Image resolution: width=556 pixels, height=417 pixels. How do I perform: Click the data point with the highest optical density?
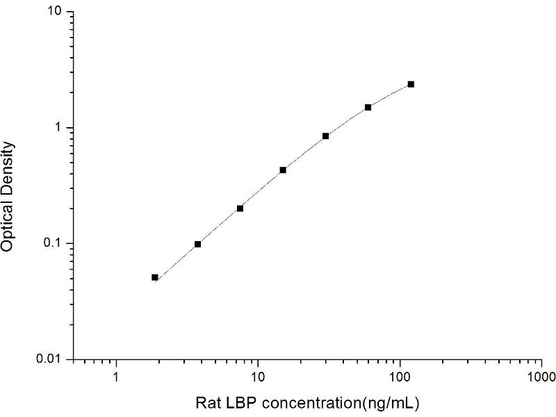411,84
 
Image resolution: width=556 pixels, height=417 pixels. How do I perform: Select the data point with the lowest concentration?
155,277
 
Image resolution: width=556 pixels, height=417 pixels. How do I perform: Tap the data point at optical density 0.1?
197,244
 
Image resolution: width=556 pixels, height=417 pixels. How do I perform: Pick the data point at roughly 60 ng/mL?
368,107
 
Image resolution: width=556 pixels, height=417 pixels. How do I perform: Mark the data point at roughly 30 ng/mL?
325,136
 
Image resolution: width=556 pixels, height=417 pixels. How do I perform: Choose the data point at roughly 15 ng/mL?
283,170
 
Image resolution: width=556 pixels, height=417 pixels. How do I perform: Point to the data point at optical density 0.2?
240,208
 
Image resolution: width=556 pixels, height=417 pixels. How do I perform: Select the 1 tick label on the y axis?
60,129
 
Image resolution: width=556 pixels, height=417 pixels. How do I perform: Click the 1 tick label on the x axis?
116,379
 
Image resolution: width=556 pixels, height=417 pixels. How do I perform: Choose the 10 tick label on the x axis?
258,379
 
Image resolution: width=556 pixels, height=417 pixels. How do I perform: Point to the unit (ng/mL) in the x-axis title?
393,403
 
